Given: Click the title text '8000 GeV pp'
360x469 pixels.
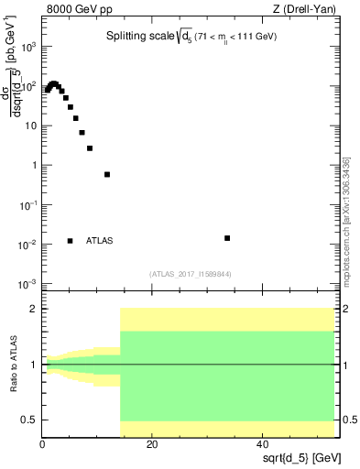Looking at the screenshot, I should tap(75, 10).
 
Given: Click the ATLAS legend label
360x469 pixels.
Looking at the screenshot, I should tap(100, 241).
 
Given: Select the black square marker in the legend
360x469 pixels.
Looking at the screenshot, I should tap(70, 241).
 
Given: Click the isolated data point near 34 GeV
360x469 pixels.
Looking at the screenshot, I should tap(227, 238).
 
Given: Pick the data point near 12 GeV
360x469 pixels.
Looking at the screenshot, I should tap(107, 174).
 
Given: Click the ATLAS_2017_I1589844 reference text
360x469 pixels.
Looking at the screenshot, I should tap(191, 273).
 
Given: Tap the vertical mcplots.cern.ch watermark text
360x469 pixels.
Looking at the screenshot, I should tap(345, 220).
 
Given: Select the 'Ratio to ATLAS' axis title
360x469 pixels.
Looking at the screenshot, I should tap(13, 365).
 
